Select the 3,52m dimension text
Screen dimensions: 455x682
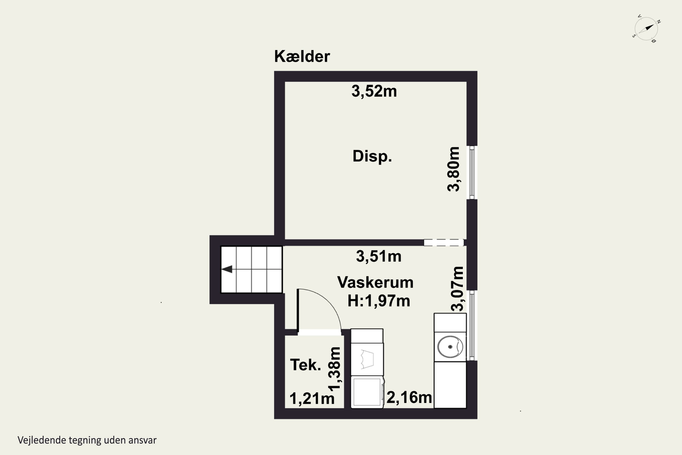tap(374, 91)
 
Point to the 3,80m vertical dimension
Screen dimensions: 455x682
tap(454, 169)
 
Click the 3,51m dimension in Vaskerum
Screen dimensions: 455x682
tap(379, 256)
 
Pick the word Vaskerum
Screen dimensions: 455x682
tap(375, 282)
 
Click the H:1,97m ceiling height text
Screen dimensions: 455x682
tap(379, 301)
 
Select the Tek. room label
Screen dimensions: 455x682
tap(306, 365)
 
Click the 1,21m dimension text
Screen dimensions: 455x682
tap(312, 398)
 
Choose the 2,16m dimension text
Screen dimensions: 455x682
tap(409, 397)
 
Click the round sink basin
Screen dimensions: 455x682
tap(450, 347)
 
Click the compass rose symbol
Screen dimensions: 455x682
tap(646, 29)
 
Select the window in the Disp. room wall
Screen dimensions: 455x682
tap(472, 173)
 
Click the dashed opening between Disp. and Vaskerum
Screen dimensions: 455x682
tap(444, 243)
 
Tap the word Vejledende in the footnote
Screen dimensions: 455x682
tap(42, 440)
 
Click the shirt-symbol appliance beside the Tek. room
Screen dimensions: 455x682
tap(367, 359)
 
